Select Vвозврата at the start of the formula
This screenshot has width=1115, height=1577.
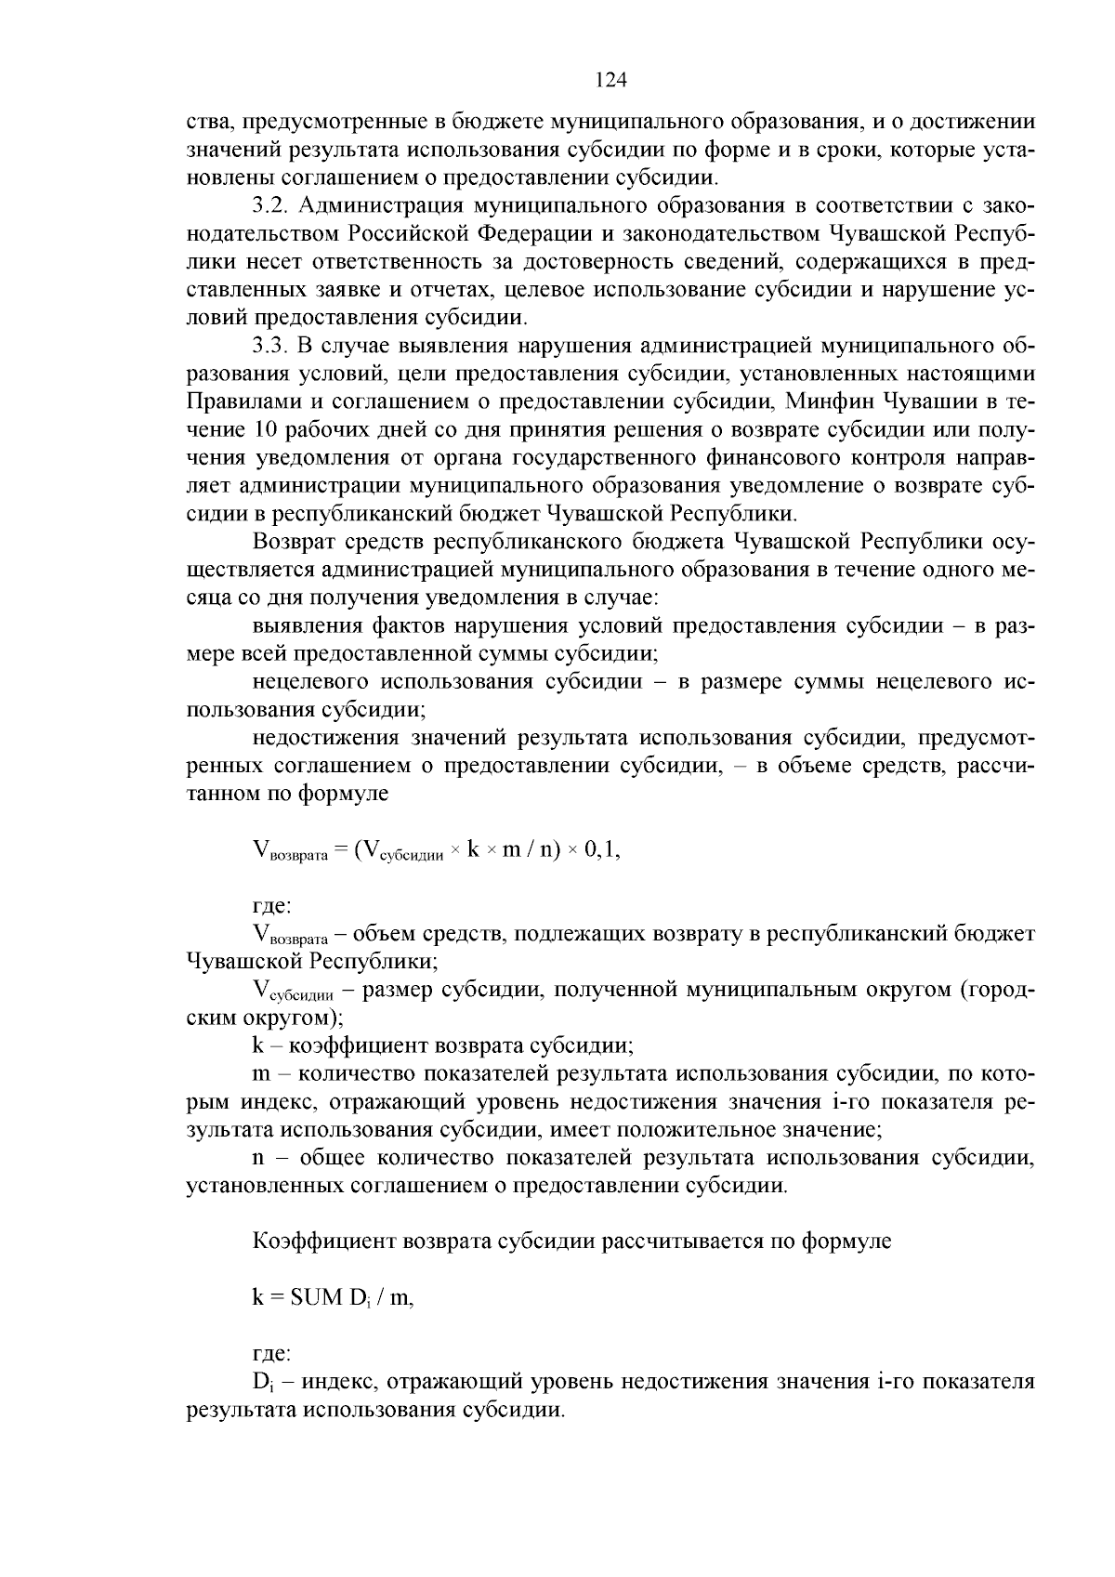pyautogui.click(x=289, y=850)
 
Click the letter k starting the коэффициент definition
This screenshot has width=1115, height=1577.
pyautogui.click(x=258, y=1045)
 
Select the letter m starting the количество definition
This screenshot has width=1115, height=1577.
pyautogui.click(x=260, y=1073)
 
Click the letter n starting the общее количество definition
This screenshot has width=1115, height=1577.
pyautogui.click(x=258, y=1158)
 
